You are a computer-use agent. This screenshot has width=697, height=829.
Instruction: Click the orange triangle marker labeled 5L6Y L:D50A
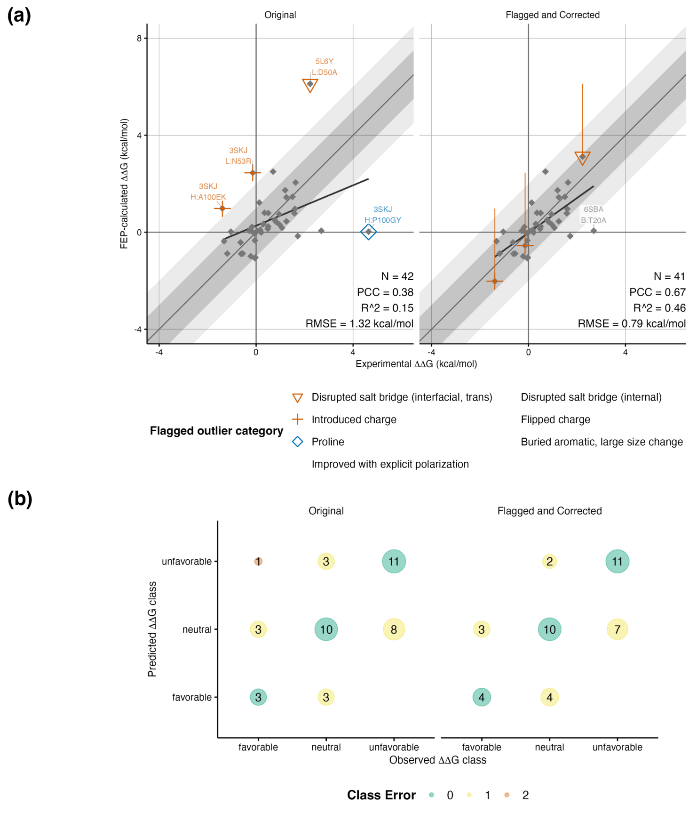point(310,85)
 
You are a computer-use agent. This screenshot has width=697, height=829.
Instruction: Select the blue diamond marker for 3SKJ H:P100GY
point(368,232)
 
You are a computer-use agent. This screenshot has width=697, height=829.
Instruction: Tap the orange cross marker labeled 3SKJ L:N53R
point(253,173)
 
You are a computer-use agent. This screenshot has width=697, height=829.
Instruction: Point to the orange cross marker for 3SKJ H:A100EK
point(222,208)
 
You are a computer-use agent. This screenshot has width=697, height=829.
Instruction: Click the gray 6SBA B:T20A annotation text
point(593,215)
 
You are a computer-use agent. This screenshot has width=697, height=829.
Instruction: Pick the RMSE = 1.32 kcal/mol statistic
point(359,324)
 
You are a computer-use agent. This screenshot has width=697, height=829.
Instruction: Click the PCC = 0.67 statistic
point(657,292)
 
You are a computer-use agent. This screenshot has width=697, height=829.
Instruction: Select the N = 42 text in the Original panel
point(397,276)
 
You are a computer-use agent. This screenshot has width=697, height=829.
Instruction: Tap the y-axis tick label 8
point(139,38)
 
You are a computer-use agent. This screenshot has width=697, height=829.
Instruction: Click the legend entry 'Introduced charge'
point(354,419)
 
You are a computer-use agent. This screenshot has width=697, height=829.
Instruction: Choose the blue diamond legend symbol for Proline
point(297,442)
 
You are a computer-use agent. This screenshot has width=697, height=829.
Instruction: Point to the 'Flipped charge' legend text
point(555,419)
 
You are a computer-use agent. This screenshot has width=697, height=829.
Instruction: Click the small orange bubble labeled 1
point(258,561)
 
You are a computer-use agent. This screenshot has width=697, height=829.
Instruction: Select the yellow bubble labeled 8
point(394,629)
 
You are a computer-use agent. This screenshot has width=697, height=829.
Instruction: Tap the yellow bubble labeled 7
point(617,629)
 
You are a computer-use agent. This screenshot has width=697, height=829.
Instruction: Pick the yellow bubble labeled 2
point(549,561)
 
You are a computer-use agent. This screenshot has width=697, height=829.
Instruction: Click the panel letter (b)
point(20,499)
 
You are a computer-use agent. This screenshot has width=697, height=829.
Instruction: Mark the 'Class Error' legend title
point(381,795)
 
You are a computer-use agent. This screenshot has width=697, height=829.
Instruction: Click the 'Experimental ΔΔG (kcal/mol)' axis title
point(416,364)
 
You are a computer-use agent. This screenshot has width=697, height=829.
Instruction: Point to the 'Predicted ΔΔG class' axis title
point(152,629)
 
